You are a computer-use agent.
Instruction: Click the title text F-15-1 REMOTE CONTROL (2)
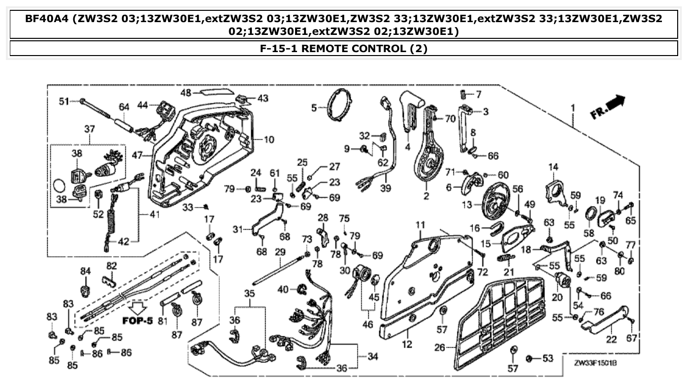coord(344,49)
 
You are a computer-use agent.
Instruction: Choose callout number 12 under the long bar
coord(407,345)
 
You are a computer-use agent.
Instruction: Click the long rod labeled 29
coord(280,267)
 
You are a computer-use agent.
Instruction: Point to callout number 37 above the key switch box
coord(90,129)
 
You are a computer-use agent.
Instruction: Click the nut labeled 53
coord(532,358)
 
